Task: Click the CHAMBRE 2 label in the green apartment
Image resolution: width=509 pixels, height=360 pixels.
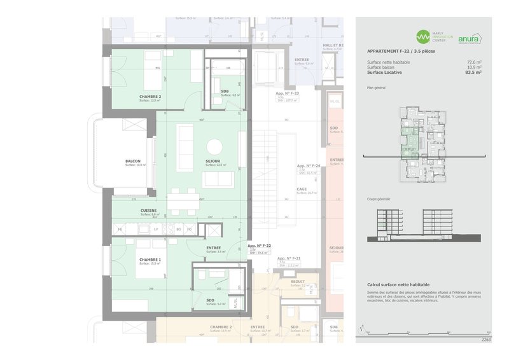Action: (x=150, y=97)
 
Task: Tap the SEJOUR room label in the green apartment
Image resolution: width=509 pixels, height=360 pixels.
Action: (x=214, y=161)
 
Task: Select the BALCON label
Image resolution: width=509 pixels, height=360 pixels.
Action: (x=133, y=161)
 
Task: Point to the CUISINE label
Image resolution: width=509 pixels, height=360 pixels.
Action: (x=150, y=211)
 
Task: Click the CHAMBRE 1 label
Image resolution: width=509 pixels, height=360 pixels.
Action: (x=150, y=260)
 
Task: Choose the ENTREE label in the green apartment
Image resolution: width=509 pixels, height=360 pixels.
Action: (x=214, y=248)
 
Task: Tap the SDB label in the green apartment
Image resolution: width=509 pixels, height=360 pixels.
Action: (x=225, y=92)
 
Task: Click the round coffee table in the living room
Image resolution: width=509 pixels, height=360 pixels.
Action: (x=214, y=144)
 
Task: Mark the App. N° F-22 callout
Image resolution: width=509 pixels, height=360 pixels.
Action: (x=260, y=246)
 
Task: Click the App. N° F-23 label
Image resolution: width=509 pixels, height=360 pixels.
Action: (x=287, y=93)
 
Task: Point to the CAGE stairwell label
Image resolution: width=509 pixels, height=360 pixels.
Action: (x=302, y=189)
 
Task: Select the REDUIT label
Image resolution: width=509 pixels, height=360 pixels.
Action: (x=297, y=281)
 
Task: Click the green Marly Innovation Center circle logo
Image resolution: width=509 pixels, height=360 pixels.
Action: (x=424, y=37)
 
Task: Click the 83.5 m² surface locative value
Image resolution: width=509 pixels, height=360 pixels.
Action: (x=473, y=73)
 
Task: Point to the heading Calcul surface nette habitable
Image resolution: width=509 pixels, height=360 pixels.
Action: (x=398, y=284)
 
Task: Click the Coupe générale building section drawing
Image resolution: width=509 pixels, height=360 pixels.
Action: (x=423, y=226)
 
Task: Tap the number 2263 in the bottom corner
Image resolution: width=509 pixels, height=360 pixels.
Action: (x=486, y=340)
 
